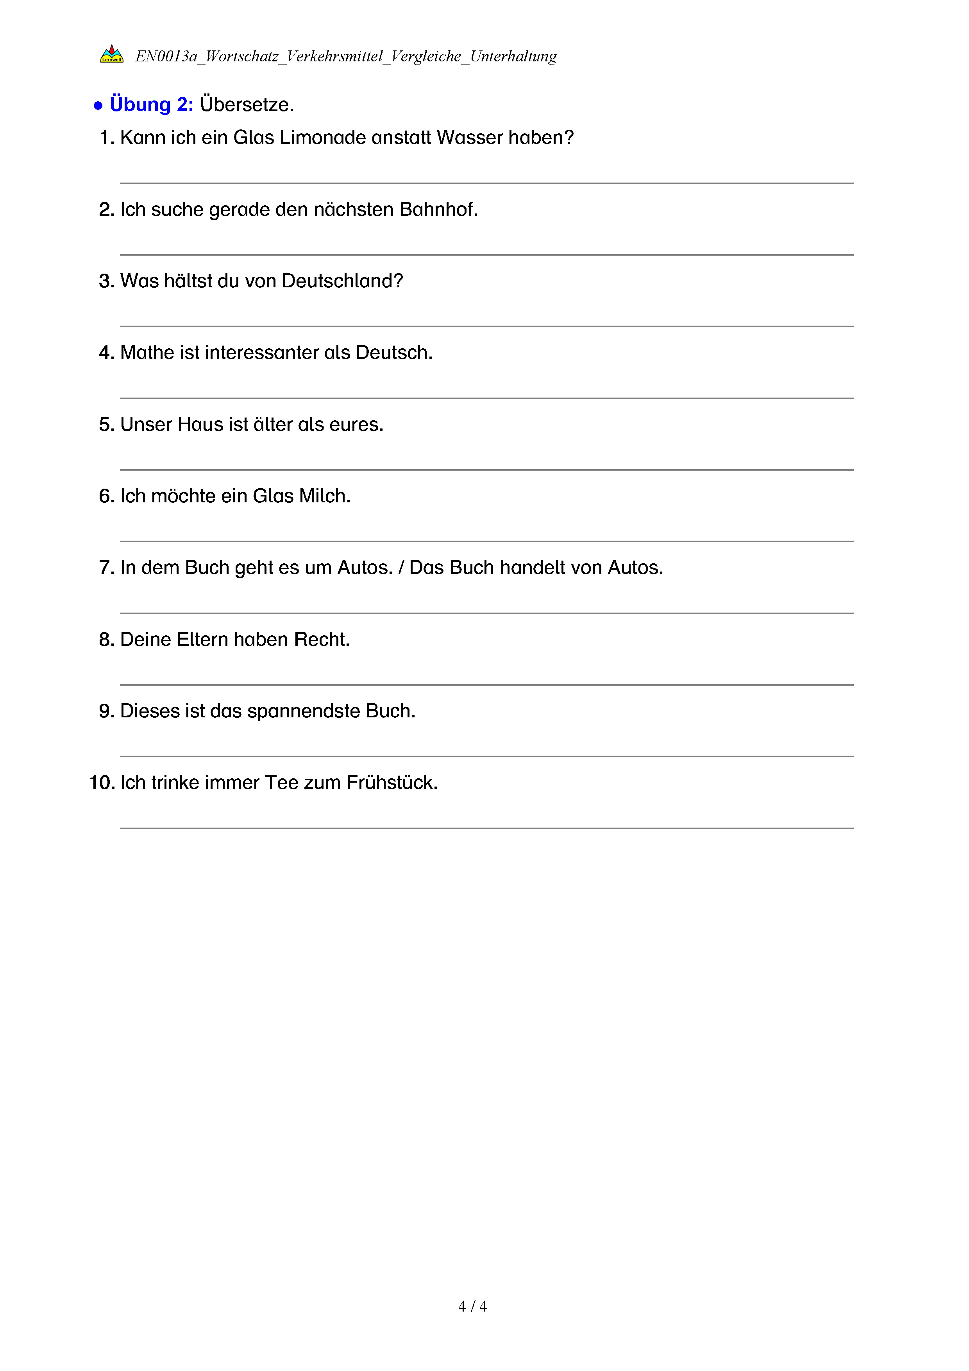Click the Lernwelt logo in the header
point(112,54)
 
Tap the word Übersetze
point(247,104)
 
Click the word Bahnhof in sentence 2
point(438,210)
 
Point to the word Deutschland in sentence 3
point(342,281)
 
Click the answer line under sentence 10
point(486,828)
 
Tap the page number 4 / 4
point(472,1306)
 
